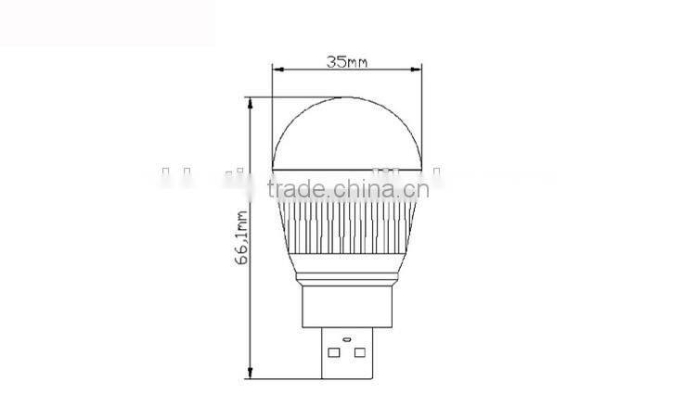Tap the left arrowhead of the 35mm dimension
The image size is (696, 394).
(276, 70)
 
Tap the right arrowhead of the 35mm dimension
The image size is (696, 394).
(418, 70)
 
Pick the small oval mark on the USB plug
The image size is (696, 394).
(347, 339)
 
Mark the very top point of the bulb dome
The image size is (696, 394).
(346, 95)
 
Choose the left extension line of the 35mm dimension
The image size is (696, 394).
(272, 111)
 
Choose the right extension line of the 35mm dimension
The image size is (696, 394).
(421, 111)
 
